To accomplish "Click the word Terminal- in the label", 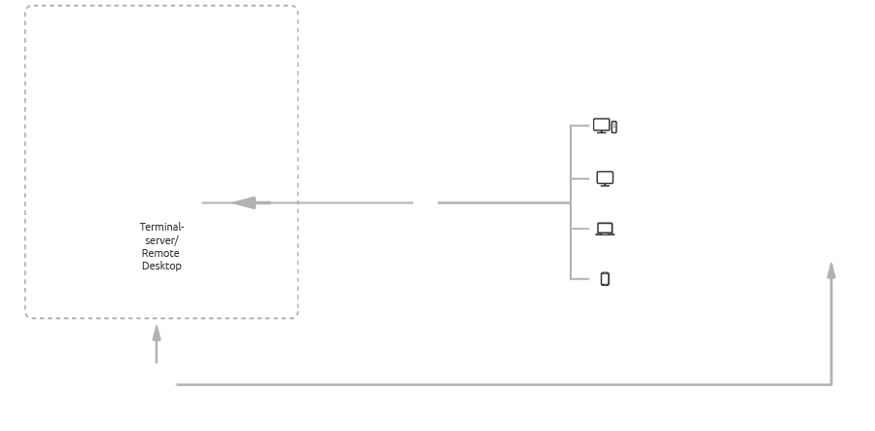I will tap(161, 227).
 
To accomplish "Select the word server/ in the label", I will tap(161, 239).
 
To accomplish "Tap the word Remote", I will tap(160, 253).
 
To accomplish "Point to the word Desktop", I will tap(161, 266).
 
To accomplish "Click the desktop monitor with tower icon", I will tap(602, 126).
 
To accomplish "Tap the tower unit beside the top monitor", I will tap(614, 126).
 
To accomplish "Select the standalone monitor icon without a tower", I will tap(605, 178).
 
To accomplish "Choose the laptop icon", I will tap(605, 230).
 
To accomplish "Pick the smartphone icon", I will tap(605, 279).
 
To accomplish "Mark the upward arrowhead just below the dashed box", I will tap(157, 333).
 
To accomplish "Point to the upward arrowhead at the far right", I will tap(831, 269).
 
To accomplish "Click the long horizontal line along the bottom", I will tap(486, 385).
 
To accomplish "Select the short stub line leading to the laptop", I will tap(580, 230).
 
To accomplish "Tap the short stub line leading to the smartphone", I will tap(580, 279).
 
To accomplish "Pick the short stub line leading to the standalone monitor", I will tap(580, 178).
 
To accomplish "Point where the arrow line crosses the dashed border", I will tap(297, 202).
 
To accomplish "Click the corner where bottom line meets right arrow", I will tap(831, 385).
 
